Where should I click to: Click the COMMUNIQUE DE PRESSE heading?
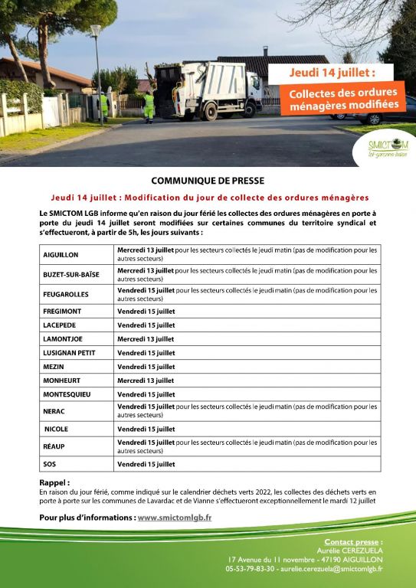208,181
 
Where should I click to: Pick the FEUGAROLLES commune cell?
66,294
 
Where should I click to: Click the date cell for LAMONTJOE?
146,338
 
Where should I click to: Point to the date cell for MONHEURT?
146,381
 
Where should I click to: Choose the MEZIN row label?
54,367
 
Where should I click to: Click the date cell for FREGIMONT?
146,312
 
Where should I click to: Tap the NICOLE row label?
56,430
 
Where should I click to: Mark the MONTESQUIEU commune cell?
67,394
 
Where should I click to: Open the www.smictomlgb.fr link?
175,518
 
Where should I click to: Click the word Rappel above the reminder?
54,483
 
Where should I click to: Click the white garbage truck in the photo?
208,90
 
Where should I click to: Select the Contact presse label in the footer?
353,541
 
